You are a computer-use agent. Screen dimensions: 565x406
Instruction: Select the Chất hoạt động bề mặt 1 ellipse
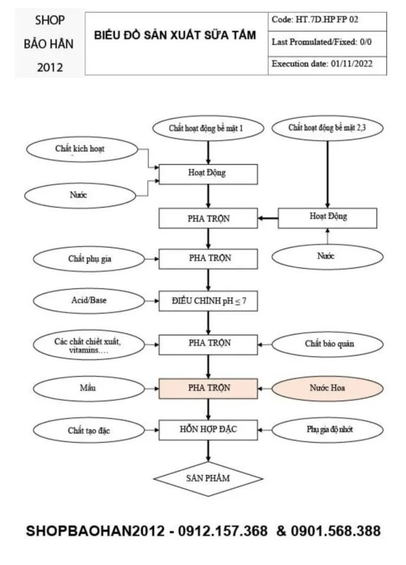(x=207, y=127)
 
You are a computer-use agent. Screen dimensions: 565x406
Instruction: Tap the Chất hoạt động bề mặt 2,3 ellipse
(x=327, y=127)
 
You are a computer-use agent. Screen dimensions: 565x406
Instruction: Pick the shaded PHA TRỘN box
(x=208, y=388)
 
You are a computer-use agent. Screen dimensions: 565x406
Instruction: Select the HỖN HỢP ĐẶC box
(x=208, y=430)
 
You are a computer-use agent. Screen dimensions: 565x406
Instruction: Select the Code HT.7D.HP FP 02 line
(x=315, y=20)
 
